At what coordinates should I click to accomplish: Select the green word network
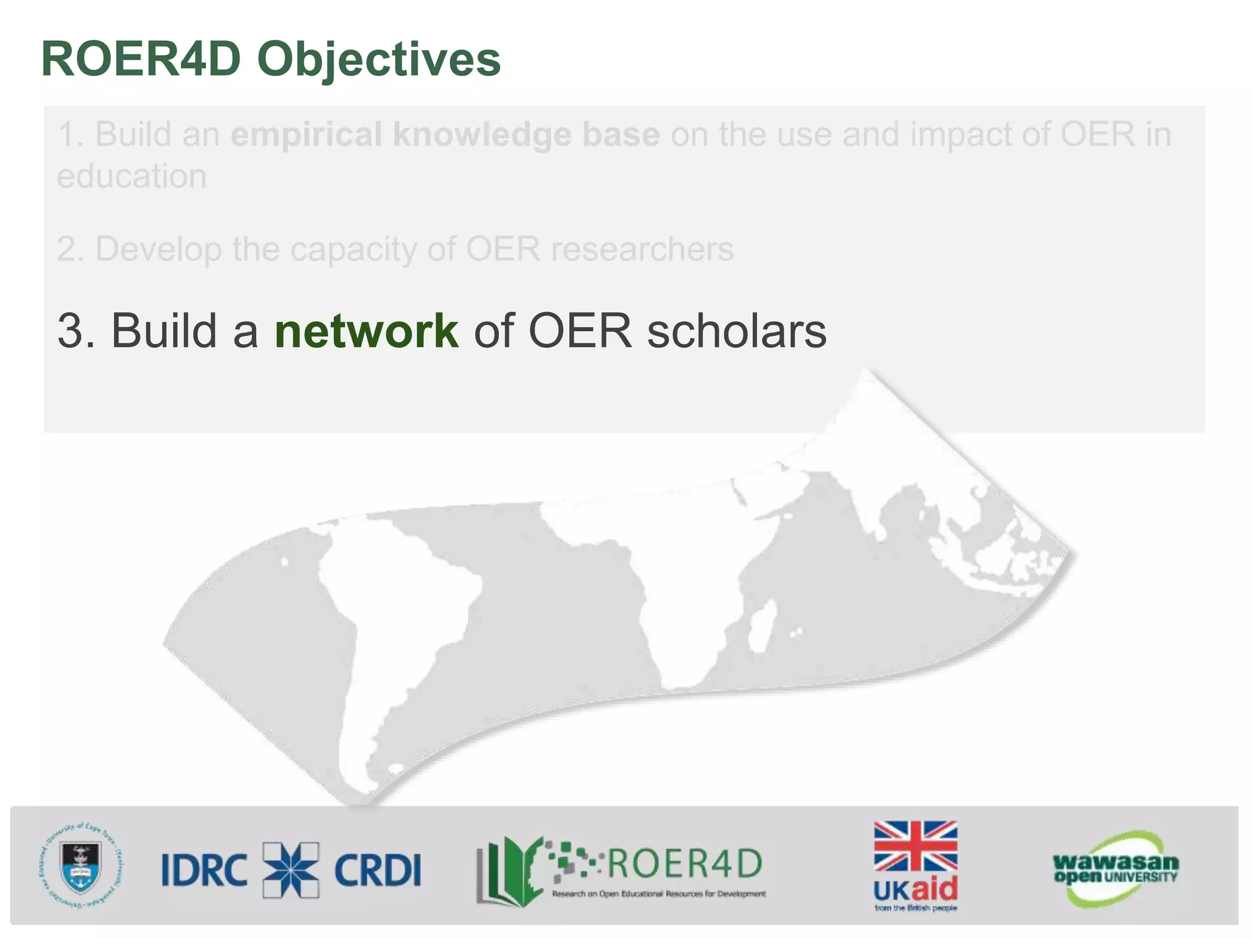click(366, 331)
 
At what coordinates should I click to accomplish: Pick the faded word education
click(132, 177)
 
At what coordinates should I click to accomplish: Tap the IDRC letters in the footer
click(204, 870)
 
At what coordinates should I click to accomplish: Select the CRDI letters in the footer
click(378, 870)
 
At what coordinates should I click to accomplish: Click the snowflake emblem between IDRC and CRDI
click(291, 870)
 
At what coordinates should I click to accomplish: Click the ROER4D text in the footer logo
click(683, 863)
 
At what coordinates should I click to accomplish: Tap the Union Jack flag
click(915, 846)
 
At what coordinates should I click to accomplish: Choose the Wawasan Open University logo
click(1115, 869)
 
